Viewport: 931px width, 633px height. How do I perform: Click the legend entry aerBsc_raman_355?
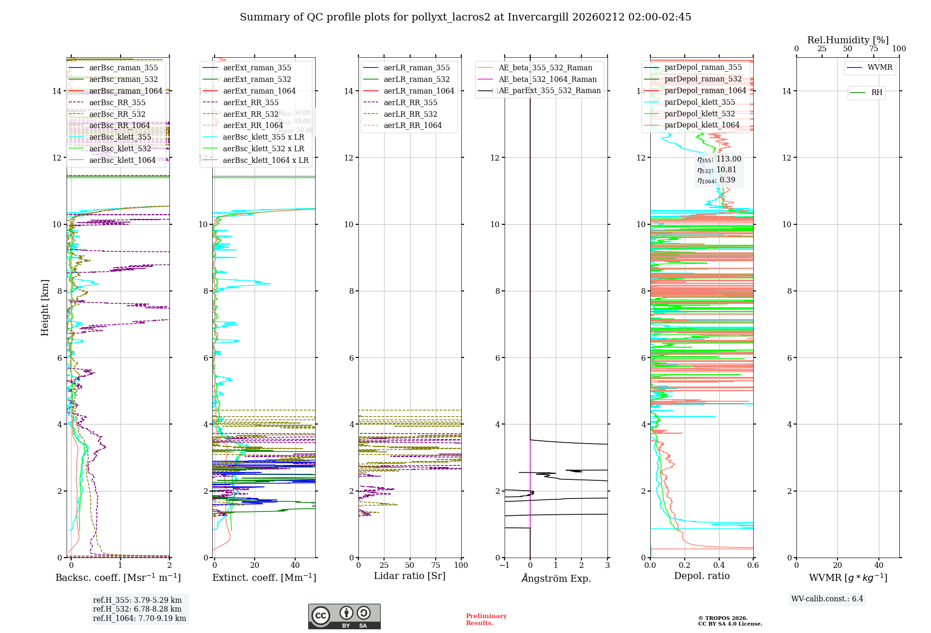point(123,68)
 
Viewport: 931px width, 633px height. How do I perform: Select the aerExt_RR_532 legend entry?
point(251,114)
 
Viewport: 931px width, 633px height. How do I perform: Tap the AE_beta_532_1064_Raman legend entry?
point(547,79)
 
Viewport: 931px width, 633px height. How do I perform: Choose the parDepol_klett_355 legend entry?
point(700,102)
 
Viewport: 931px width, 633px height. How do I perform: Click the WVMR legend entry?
point(880,67)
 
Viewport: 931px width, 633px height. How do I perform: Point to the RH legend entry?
point(877,93)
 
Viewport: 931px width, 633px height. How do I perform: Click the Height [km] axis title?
point(45,308)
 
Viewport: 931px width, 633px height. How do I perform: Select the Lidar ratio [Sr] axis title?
point(410,576)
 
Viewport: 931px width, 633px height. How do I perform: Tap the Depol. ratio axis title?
point(702,576)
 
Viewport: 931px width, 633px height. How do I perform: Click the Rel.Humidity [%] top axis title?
point(848,40)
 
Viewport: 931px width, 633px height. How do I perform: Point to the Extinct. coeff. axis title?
point(264,578)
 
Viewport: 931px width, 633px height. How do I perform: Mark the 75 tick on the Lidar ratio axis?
point(436,565)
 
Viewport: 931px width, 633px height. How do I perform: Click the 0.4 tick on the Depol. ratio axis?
point(719,565)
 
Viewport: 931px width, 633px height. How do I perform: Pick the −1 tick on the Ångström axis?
point(504,565)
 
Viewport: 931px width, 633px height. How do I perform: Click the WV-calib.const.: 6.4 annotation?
point(827,599)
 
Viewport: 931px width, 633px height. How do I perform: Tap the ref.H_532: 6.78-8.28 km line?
point(137,609)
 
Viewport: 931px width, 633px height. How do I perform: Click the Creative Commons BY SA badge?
point(344,616)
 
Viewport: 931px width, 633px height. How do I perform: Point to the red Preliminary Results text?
point(486,620)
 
